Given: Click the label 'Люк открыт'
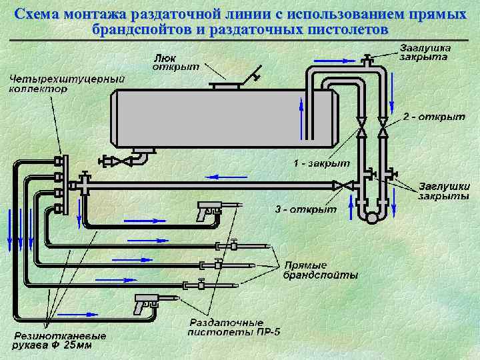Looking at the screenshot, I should (171, 61).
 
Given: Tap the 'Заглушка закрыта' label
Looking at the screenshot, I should (425, 52).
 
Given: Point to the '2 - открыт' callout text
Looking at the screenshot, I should (434, 117).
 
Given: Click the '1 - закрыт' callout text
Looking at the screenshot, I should (322, 163).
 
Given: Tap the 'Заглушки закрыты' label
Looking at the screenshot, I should (443, 191).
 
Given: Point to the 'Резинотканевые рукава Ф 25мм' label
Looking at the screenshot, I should (52, 341).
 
